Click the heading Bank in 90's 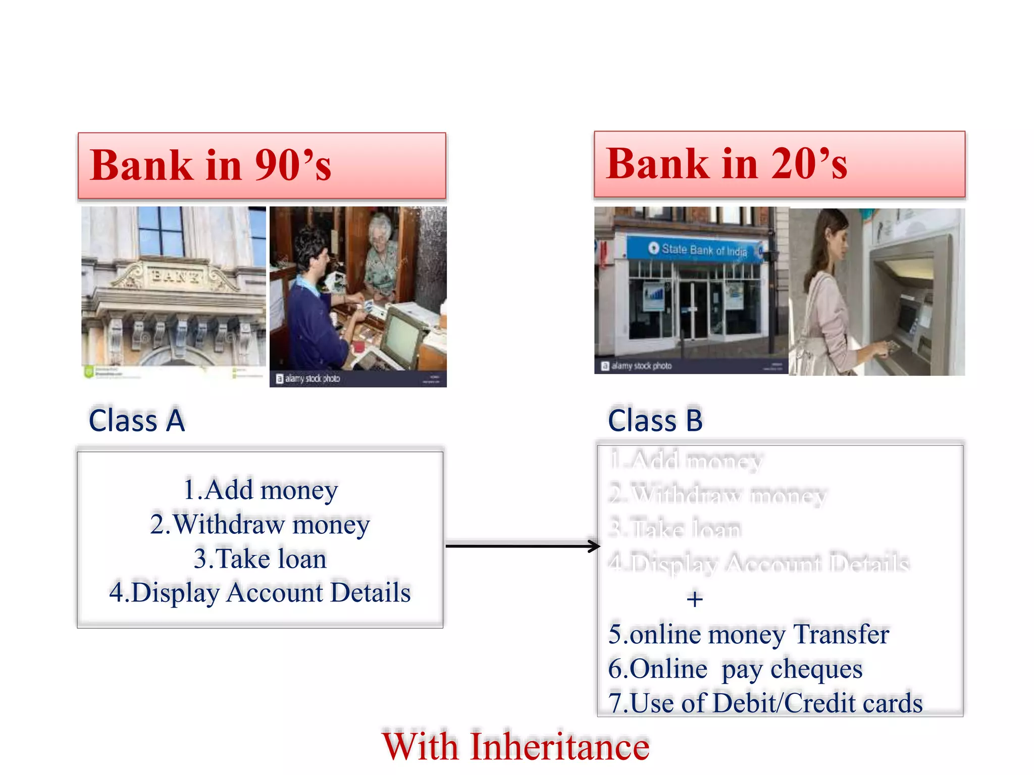click(x=211, y=165)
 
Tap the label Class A click(x=137, y=420)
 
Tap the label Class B click(x=655, y=420)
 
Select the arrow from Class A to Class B click(x=522, y=545)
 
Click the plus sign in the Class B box click(x=695, y=599)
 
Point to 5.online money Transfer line click(x=748, y=634)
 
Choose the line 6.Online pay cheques click(x=735, y=669)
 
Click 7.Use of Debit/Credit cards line click(x=765, y=703)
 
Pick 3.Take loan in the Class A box click(x=260, y=559)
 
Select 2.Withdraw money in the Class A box click(x=260, y=524)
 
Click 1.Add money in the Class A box click(x=260, y=490)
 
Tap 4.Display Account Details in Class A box click(x=260, y=592)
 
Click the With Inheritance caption click(x=515, y=746)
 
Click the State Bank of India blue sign click(x=697, y=249)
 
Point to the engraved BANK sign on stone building click(x=174, y=275)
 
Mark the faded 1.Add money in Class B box click(x=686, y=460)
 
